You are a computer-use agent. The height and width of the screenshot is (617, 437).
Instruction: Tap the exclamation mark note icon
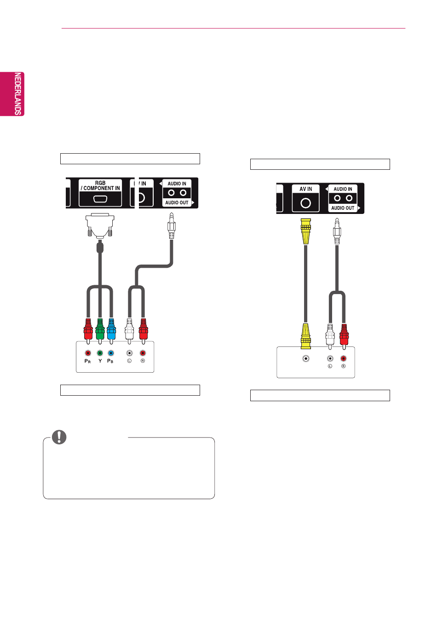[x=59, y=437]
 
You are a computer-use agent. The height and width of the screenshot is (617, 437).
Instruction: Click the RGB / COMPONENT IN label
[x=100, y=185]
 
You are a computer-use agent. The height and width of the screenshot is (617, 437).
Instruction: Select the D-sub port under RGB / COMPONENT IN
[x=100, y=199]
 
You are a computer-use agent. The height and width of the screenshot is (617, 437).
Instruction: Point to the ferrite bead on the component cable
[x=100, y=248]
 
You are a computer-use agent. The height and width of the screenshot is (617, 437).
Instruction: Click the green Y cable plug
[x=100, y=329]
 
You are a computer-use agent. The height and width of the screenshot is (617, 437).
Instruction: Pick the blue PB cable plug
[x=111, y=329]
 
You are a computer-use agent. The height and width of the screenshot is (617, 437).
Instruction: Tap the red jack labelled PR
[x=88, y=353]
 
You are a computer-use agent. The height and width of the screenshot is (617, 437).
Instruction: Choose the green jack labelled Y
[x=100, y=353]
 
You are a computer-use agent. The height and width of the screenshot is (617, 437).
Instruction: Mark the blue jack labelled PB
[x=111, y=353]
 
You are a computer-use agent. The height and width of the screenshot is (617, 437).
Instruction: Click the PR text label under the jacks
[x=87, y=361]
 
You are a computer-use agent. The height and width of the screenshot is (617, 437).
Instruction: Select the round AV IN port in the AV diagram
[x=305, y=203]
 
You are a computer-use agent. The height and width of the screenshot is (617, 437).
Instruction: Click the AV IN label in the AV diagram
[x=305, y=189]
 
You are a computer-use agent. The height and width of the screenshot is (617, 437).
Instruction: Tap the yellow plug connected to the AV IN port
[x=305, y=231]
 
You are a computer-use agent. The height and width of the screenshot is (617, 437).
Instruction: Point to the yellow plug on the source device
[x=305, y=335]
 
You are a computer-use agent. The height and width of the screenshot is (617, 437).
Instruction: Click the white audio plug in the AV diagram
[x=330, y=334]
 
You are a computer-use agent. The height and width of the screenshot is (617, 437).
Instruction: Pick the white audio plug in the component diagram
[x=129, y=329]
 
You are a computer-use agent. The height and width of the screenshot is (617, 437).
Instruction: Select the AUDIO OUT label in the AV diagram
[x=343, y=208]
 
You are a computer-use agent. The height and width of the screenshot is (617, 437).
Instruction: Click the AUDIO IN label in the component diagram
[x=177, y=184]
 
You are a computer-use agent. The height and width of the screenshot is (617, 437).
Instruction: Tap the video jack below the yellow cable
[x=306, y=358]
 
